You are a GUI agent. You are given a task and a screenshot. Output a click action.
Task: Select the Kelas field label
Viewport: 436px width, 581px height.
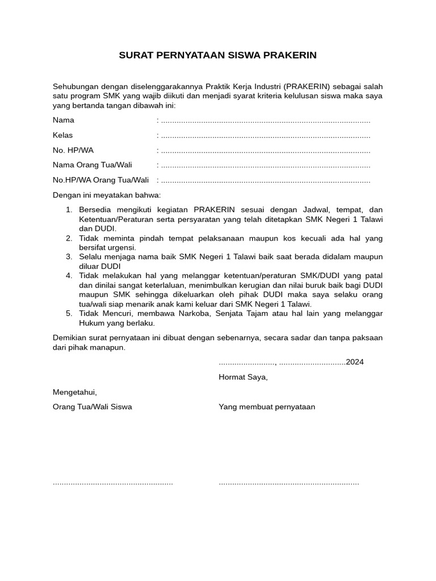[x=62, y=135]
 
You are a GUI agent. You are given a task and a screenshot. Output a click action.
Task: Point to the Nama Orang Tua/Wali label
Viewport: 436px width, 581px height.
[x=93, y=165]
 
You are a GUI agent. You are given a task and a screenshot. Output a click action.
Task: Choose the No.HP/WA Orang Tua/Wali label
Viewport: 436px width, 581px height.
[x=100, y=180]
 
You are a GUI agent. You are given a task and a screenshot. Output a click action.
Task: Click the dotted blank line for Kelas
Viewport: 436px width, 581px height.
[x=265, y=136]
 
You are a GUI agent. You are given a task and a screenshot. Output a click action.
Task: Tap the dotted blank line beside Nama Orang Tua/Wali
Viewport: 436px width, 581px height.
[x=265, y=166]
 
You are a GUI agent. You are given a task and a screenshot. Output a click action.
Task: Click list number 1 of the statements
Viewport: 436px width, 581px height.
[x=69, y=209]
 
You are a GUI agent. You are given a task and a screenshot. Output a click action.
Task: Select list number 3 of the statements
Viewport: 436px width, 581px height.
[x=69, y=256]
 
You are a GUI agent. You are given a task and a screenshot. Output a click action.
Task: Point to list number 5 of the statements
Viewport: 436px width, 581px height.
[x=69, y=313]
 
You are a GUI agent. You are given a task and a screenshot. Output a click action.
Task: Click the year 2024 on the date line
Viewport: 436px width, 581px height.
[x=355, y=362]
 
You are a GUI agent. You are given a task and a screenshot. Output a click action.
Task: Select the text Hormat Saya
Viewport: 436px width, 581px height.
[x=243, y=377]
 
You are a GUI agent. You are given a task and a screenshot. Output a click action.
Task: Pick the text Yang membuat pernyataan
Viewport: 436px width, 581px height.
[x=267, y=407]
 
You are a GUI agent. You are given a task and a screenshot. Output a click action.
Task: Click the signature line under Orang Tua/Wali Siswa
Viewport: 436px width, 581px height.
[x=112, y=483]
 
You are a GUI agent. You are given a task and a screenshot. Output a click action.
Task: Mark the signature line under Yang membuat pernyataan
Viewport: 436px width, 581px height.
[x=288, y=483]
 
